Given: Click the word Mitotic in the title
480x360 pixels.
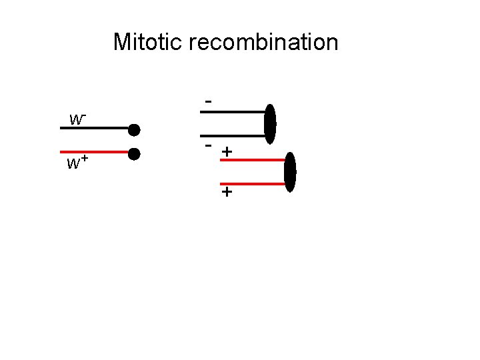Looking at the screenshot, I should click(x=148, y=42).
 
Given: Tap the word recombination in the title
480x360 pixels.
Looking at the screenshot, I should click(x=263, y=42).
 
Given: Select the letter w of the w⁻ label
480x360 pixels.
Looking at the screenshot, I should click(x=76, y=121).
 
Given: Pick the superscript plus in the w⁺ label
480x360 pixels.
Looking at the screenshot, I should click(x=86, y=159).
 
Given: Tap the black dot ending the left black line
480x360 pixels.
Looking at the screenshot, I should click(x=134, y=129).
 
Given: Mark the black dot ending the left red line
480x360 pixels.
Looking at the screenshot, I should click(x=134, y=154).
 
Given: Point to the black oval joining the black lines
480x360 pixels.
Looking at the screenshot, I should click(x=270, y=124).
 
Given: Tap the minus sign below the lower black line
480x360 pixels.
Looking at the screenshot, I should click(x=209, y=145).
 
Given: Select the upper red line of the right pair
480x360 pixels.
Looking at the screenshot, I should click(x=253, y=161).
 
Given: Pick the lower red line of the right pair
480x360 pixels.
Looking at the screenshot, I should click(x=253, y=183).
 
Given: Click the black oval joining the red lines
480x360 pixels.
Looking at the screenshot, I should click(x=290, y=172).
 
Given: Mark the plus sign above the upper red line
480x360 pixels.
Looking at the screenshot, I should click(x=227, y=152).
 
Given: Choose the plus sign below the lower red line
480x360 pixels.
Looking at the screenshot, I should click(x=227, y=193).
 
